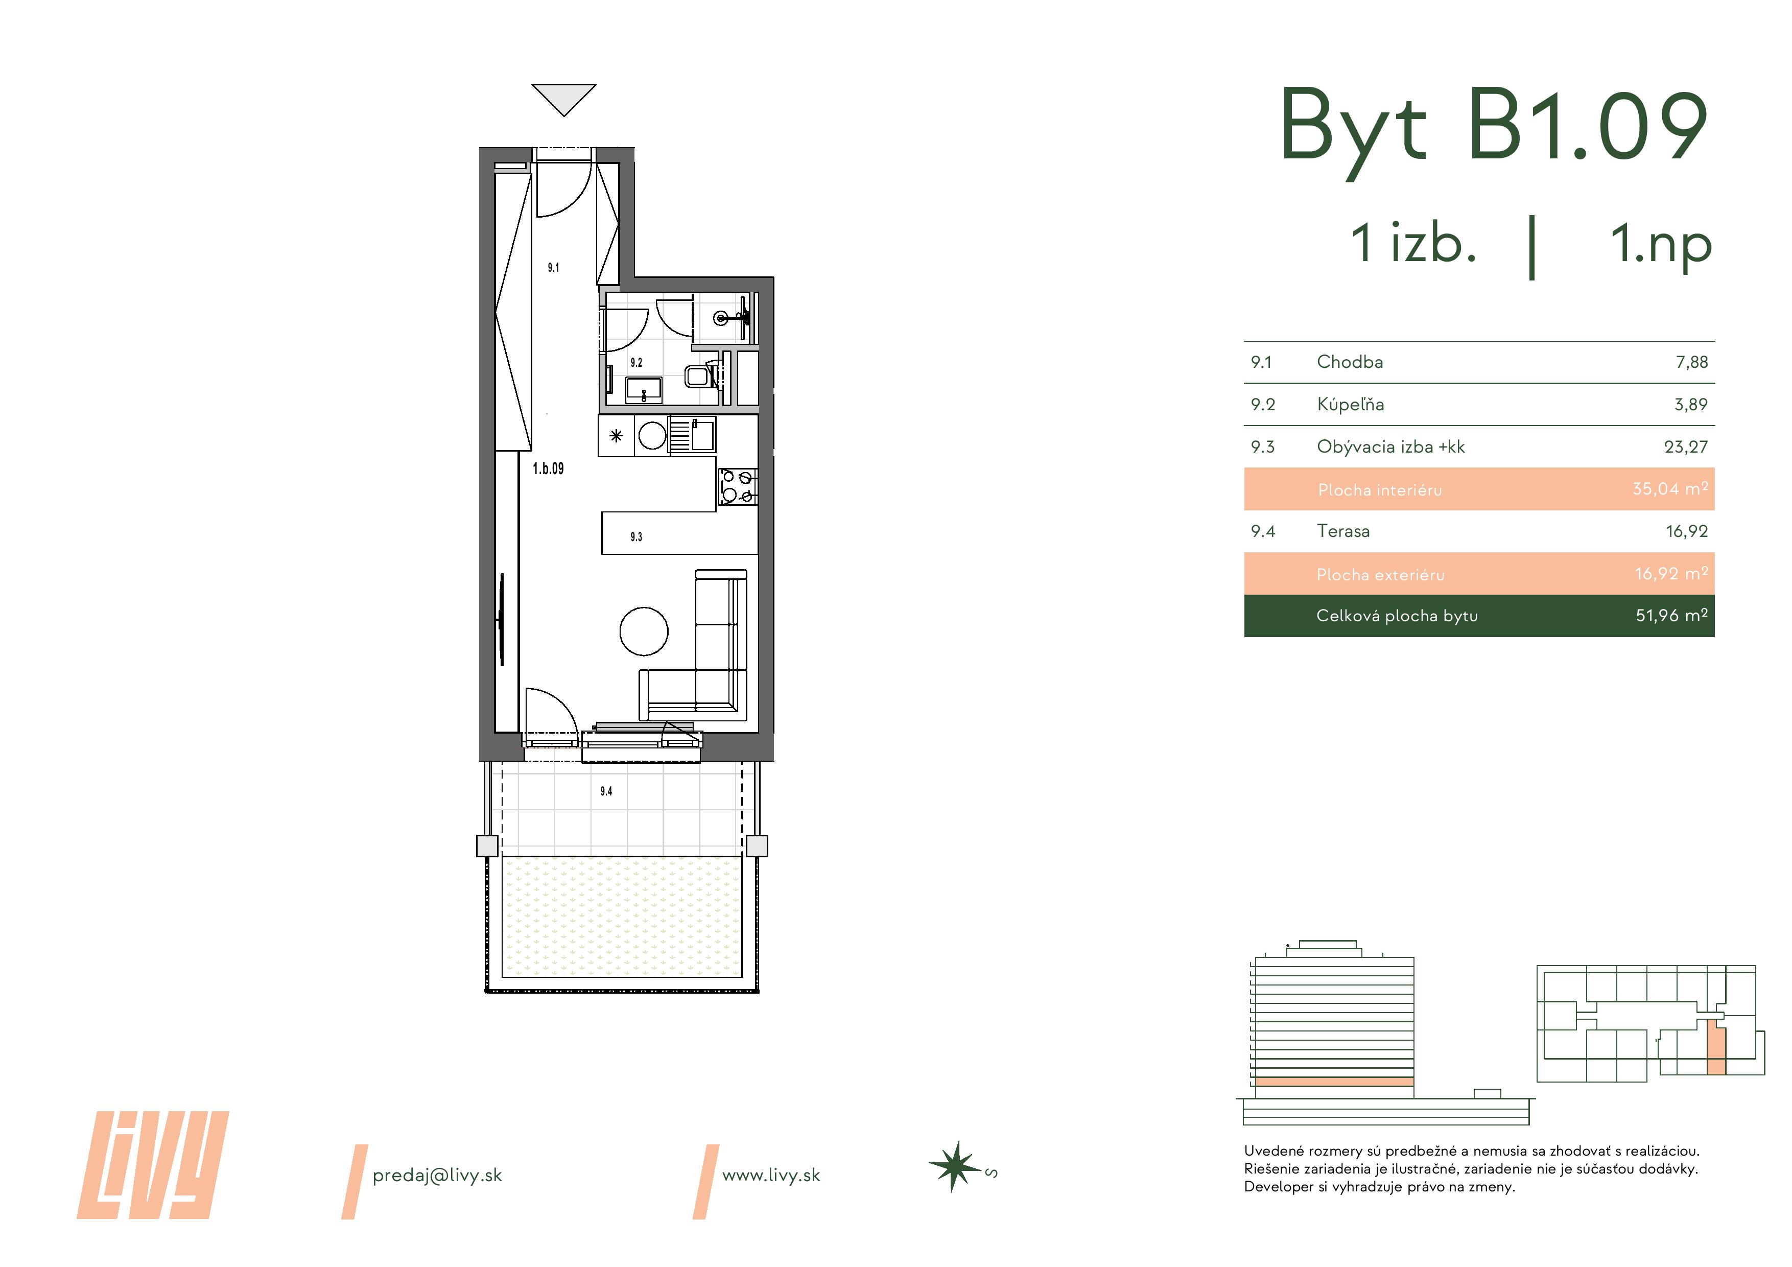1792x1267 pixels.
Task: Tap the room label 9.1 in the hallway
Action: (x=553, y=268)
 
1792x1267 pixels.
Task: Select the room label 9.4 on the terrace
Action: (x=606, y=791)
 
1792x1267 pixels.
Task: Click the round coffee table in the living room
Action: (x=644, y=631)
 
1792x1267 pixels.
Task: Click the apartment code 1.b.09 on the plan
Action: (x=548, y=468)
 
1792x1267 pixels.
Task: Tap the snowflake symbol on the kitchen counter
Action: (x=617, y=436)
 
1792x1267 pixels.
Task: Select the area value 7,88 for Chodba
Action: (x=1691, y=362)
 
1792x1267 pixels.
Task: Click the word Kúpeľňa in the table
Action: (x=1350, y=405)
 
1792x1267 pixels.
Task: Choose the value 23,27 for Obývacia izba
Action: (x=1686, y=448)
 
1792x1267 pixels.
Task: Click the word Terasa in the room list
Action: (x=1343, y=532)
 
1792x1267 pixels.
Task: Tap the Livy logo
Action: (x=153, y=1165)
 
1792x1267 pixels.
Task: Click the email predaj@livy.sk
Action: (x=437, y=1176)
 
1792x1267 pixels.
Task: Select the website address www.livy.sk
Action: (x=771, y=1176)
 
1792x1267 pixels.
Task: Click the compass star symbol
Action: (x=954, y=1167)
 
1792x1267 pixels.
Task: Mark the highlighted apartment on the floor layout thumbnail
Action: (x=1716, y=1048)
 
